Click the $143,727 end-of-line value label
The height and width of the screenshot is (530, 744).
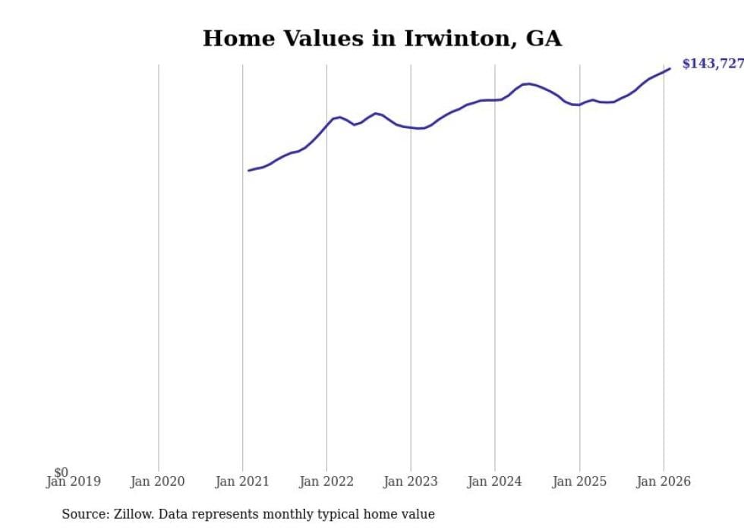point(712,64)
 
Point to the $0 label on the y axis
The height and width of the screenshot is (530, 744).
point(61,472)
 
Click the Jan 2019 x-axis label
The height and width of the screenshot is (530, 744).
point(73,481)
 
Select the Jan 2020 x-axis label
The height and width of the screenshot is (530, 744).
point(158,481)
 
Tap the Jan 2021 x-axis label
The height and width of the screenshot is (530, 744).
point(242,481)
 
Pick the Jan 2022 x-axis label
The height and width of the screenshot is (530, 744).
point(326,481)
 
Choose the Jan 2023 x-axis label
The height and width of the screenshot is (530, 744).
point(411,481)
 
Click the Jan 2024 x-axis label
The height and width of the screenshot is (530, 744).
point(495,481)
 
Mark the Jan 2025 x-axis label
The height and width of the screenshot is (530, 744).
point(579,481)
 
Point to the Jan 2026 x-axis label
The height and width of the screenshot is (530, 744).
point(664,481)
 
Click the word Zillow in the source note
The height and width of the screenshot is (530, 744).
point(134,514)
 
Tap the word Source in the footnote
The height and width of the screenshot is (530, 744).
point(84,514)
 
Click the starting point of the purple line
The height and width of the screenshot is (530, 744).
point(249,171)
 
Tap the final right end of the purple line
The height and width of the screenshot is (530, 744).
point(670,69)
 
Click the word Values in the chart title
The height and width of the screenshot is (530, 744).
point(326,39)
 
